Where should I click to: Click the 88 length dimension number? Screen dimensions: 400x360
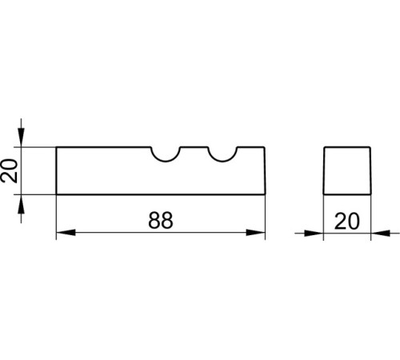tap(161, 220)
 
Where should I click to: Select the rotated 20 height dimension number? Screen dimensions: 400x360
tap(9, 170)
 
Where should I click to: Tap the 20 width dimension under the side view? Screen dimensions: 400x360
tap(346, 222)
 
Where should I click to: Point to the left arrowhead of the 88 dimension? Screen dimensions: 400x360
tap(66, 233)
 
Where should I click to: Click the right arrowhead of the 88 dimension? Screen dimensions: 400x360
tap(255, 233)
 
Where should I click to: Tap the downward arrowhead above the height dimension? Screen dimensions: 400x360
tap(21, 138)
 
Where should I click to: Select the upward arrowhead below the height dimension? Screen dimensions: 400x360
tap(21, 204)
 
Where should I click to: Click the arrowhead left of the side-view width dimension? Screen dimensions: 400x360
tap(314, 234)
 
